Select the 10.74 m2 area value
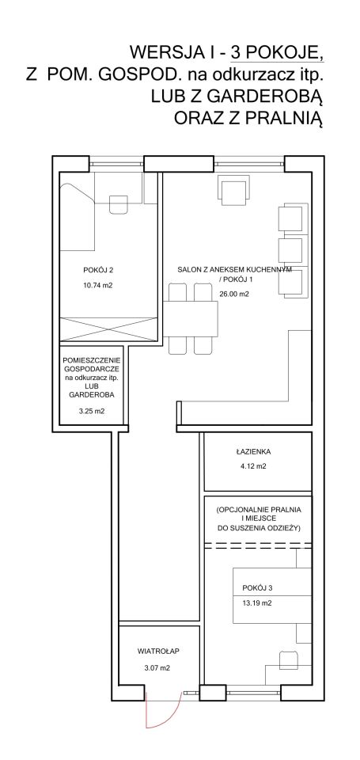coord(97,286)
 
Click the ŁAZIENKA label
coord(254,452)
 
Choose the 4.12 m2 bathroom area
coord(254,467)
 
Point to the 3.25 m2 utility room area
coord(92,412)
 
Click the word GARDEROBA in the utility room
coord(92,394)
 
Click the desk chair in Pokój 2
coord(118,203)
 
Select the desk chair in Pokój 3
coord(288,661)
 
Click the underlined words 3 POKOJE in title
coord(277,52)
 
